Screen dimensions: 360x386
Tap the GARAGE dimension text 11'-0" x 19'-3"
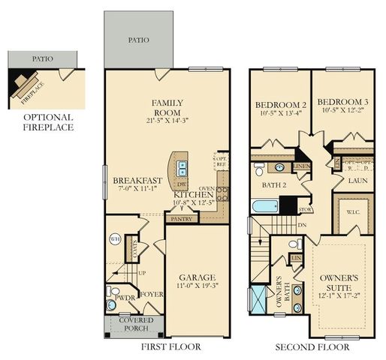196,286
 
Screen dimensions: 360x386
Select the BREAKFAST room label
137,181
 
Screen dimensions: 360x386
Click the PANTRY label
182,219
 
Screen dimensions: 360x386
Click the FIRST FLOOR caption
171,348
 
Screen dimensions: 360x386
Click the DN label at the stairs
303,223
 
